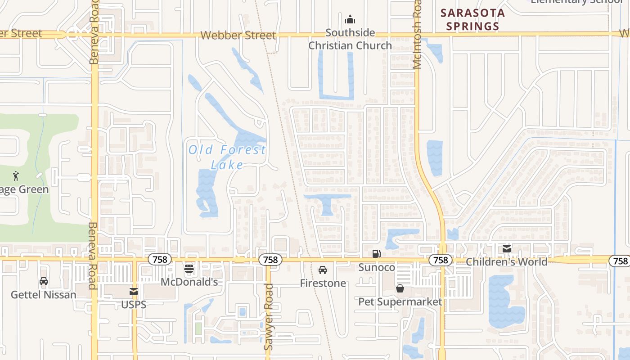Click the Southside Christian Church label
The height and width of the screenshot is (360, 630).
click(x=350, y=39)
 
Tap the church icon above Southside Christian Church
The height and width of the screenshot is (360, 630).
click(x=350, y=20)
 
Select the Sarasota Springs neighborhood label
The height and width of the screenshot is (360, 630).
click(x=472, y=19)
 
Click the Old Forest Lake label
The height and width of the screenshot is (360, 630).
click(x=227, y=157)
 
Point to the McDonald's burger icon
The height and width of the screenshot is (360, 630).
click(x=189, y=269)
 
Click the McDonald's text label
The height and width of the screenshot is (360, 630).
click(x=189, y=282)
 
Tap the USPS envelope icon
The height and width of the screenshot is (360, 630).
click(x=134, y=292)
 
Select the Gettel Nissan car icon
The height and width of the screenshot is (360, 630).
click(x=44, y=281)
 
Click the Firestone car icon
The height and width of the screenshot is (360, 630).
click(x=323, y=270)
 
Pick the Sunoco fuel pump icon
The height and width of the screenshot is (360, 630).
click(x=377, y=254)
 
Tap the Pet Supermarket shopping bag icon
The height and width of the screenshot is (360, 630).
click(x=400, y=288)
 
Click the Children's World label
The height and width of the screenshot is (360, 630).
click(x=507, y=262)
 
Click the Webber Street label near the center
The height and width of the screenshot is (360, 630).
click(x=238, y=35)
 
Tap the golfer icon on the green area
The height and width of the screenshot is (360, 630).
click(x=16, y=175)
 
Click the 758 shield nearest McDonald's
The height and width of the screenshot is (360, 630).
click(x=159, y=260)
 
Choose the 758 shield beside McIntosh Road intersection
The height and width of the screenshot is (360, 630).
click(x=440, y=260)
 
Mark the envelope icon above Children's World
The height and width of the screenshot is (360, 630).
click(x=507, y=248)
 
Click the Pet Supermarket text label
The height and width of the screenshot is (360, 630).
click(x=400, y=301)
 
